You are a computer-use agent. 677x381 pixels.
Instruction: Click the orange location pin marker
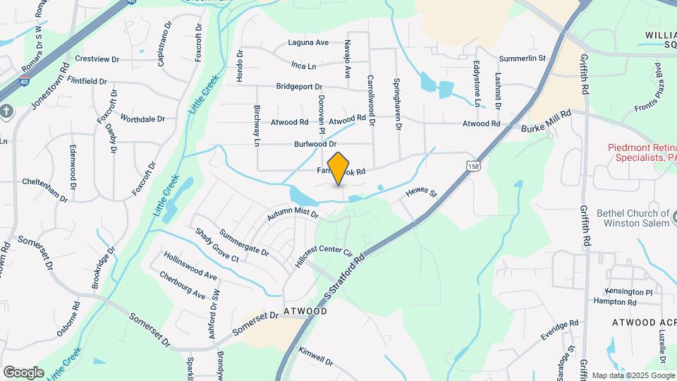tap(338, 168)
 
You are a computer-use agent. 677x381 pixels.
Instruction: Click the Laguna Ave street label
tap(309, 42)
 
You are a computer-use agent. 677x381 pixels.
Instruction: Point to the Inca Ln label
tap(303, 65)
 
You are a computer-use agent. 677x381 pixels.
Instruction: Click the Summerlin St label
tap(523, 58)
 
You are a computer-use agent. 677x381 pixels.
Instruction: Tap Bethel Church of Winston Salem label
tap(633, 218)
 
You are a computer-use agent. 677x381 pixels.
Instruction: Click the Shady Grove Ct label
tap(217, 245)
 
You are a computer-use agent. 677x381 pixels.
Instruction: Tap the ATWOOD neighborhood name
tap(305, 310)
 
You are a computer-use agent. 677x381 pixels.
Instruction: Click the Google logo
tap(23, 373)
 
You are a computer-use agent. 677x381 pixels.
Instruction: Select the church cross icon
tap(6, 111)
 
